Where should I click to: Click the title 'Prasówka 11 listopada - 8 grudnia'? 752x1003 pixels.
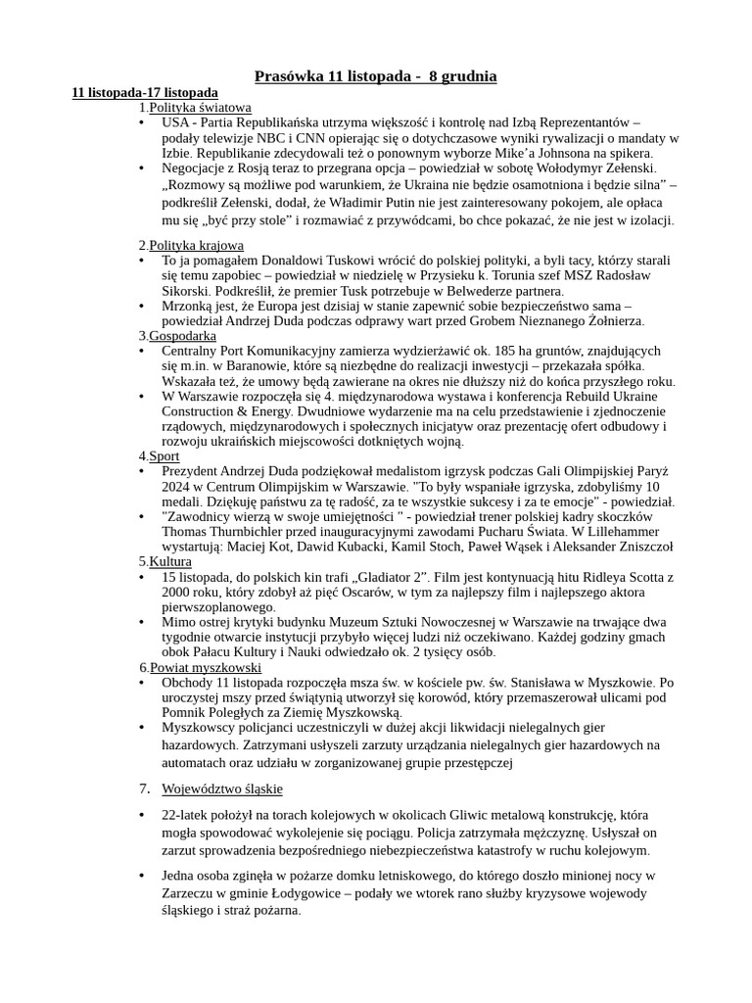(x=376, y=75)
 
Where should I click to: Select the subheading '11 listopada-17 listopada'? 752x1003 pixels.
(x=145, y=92)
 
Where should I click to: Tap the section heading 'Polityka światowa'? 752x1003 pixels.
(x=200, y=107)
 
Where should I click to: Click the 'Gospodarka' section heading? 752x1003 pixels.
(x=184, y=335)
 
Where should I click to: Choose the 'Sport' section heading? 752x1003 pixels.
(x=164, y=455)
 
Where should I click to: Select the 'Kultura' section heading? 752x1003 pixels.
(x=170, y=561)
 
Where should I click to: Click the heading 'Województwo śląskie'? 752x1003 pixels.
(x=222, y=788)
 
